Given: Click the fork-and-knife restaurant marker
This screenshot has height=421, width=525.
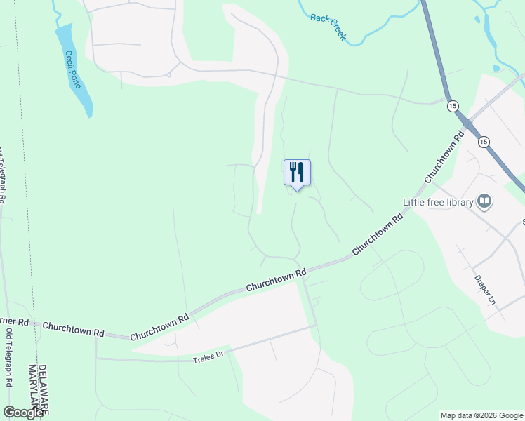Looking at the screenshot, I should pos(297,172).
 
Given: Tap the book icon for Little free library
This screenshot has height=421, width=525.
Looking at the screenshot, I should pos(484,202).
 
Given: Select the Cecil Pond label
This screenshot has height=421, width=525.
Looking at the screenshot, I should pos(72,69).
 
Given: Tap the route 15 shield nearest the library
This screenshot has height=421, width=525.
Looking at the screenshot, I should pos(484,142).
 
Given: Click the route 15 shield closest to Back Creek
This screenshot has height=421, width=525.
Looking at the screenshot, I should pos(453,105).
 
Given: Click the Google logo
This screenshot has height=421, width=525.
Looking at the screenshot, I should pos(24,413).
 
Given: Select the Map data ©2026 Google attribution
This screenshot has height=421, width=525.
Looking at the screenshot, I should pos(481,415).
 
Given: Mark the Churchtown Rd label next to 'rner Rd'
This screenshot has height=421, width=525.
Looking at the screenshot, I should pos(73,328).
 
